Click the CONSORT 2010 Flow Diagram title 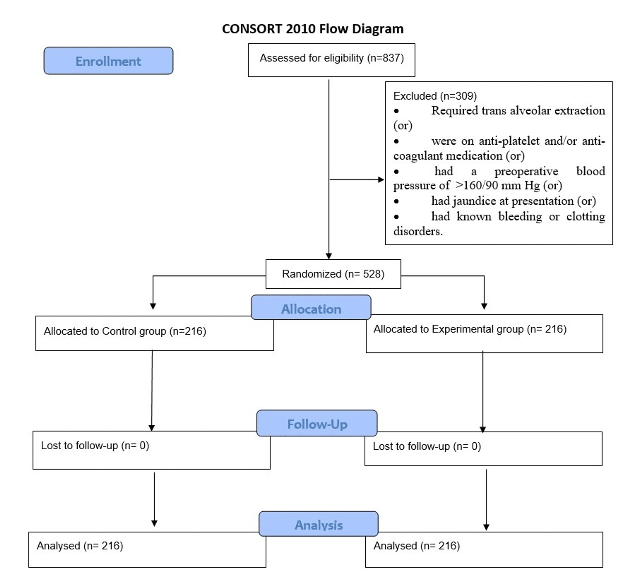pos(313,29)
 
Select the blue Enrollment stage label pos(108,61)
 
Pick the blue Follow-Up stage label pos(317,424)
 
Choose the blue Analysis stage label pos(318,525)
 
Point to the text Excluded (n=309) pos(435,96)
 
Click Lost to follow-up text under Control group pos(95,446)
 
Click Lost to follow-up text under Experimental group pos(427,446)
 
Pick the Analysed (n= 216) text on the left pos(80,546)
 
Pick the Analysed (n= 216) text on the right pos(416,546)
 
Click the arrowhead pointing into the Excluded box pos(381,179)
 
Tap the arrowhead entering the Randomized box pos(329,256)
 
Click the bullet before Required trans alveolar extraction pos(396,111)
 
